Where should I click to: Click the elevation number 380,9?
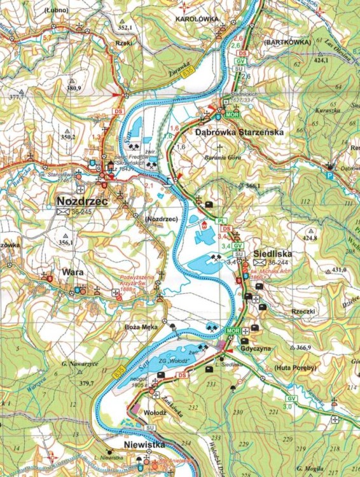(74, 88)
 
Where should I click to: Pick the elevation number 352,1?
(125, 27)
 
